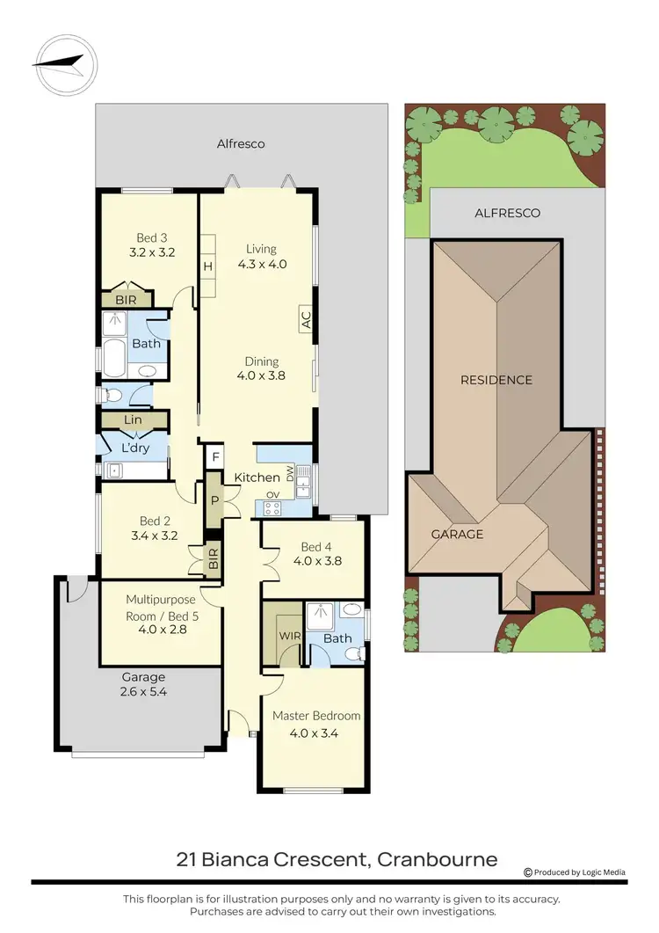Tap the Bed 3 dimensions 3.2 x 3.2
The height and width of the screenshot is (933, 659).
pyautogui.click(x=152, y=252)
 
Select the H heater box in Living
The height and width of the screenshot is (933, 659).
pyautogui.click(x=208, y=266)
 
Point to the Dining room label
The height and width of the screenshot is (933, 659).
pyautogui.click(x=262, y=361)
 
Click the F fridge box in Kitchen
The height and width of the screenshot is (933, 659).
pyautogui.click(x=214, y=457)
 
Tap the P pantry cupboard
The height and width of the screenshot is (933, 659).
pyautogui.click(x=214, y=500)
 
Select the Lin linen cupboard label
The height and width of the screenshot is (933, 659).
pyautogui.click(x=133, y=420)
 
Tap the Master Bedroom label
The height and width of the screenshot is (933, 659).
pyautogui.click(x=316, y=716)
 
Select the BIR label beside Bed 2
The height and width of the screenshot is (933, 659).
pyautogui.click(x=213, y=558)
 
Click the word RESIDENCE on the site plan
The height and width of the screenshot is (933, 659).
pyautogui.click(x=496, y=380)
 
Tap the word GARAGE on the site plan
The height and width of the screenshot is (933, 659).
pyautogui.click(x=457, y=534)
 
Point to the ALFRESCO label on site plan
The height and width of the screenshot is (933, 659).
pyautogui.click(x=507, y=213)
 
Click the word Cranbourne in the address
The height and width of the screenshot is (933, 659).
pyautogui.click(x=437, y=859)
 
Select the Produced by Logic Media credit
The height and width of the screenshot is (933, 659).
pyautogui.click(x=575, y=872)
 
